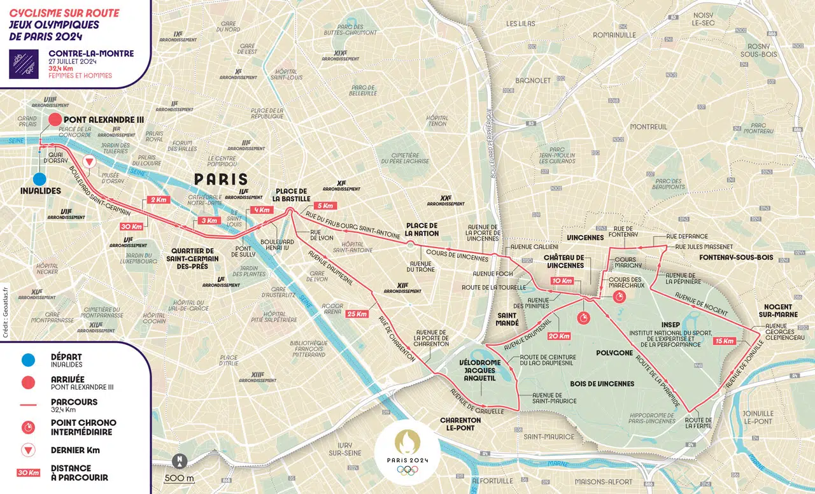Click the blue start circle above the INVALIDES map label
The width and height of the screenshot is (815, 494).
pyautogui.click(x=39, y=180)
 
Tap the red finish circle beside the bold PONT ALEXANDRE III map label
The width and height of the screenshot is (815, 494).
pyautogui.click(x=55, y=120)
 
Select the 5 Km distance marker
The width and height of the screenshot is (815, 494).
pyautogui.click(x=324, y=206)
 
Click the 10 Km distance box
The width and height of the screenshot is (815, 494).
pyautogui.click(x=562, y=281)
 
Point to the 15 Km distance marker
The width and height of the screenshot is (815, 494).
pyautogui.click(x=725, y=341)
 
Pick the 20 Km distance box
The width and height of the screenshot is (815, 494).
pyautogui.click(x=558, y=336)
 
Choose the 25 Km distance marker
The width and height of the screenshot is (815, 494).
pyautogui.click(x=357, y=314)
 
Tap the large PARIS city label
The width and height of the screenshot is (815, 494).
pyautogui.click(x=221, y=179)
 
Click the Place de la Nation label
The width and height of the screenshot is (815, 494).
pyautogui.click(x=423, y=229)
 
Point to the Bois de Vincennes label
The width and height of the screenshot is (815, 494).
pyautogui.click(x=603, y=383)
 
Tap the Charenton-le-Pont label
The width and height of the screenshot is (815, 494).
pyautogui.click(x=460, y=424)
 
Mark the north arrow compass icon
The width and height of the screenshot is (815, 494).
pyautogui.click(x=180, y=460)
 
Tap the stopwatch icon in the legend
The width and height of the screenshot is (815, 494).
pyautogui.click(x=27, y=427)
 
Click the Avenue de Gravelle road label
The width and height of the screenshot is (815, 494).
pyautogui.click(x=472, y=401)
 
